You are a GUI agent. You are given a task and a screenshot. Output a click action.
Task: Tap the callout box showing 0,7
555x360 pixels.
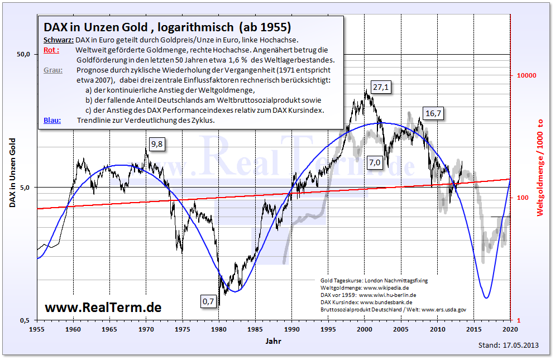pos(208,301)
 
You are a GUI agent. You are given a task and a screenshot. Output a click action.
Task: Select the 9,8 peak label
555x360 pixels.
pos(158,145)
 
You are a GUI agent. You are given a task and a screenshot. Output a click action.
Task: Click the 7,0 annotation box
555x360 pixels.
pos(374,162)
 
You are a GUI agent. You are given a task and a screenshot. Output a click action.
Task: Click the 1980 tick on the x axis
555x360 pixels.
pos(219,329)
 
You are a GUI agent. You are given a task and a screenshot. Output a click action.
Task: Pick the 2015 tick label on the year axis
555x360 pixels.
pos(473,329)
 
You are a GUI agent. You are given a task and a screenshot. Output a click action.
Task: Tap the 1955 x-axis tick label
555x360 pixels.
pos(37,329)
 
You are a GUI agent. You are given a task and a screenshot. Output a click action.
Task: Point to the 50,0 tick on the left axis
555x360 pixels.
pos(23,54)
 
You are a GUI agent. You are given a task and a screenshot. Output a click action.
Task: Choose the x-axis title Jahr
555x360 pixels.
pos(274,340)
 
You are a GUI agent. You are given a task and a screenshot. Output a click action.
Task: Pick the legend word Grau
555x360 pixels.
pos(52,70)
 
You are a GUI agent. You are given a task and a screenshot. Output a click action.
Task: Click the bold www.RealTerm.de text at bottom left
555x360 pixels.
pos(103,308)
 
